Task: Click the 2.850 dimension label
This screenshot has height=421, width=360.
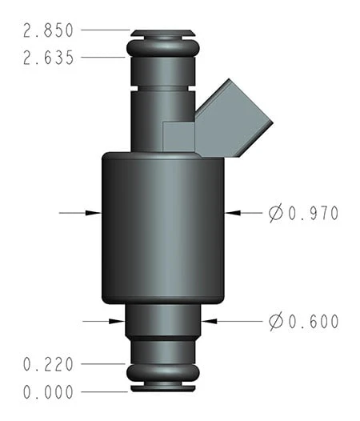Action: (49, 30)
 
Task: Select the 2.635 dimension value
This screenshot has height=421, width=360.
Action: (49, 58)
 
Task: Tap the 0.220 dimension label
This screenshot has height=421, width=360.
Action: (49, 364)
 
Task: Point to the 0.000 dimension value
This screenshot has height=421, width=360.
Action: (49, 392)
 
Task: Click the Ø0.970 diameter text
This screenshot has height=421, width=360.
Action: (304, 213)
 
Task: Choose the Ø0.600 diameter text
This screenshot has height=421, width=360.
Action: (304, 322)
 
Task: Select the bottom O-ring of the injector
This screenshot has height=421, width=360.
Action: (162, 374)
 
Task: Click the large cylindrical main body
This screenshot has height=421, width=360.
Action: (162, 228)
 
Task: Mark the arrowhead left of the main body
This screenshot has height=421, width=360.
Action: (94, 213)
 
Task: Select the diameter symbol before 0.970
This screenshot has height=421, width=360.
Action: (276, 213)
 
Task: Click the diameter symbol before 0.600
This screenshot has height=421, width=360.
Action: (276, 322)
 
